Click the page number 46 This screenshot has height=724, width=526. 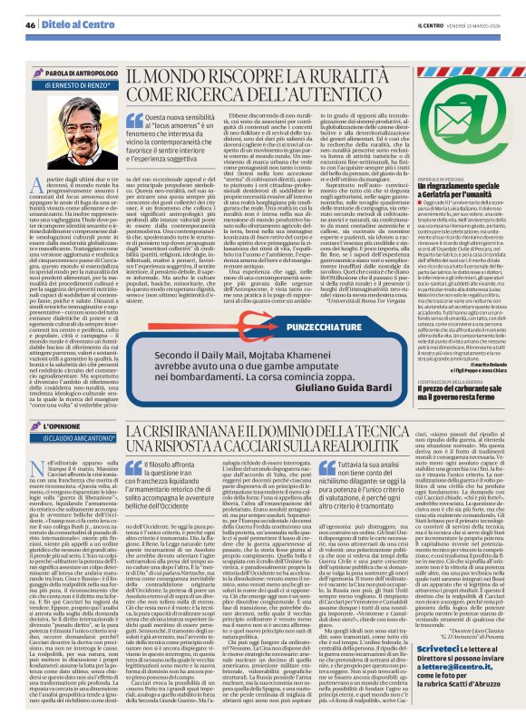pos(30,24)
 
